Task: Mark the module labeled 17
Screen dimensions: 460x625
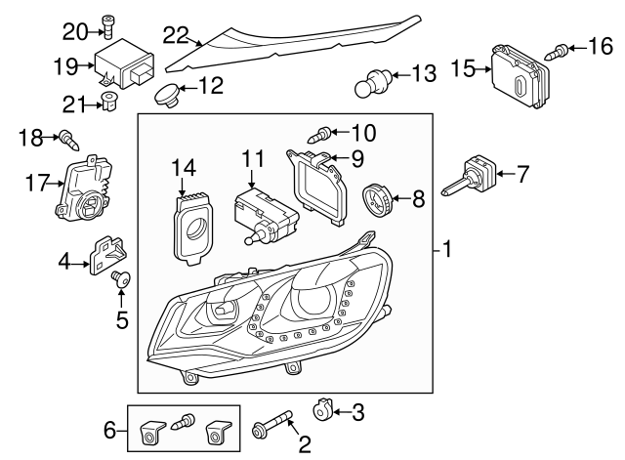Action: pyautogui.click(x=80, y=188)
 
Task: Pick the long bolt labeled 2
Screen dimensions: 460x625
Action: pyautogui.click(x=273, y=428)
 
